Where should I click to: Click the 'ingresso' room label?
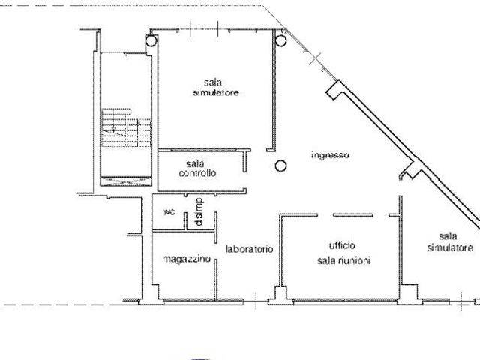pos(330,155)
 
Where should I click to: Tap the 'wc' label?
pos(169,211)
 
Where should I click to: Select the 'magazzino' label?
pos(187,259)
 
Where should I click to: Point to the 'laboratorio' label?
pos(249,249)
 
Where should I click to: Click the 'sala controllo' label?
pos(197,168)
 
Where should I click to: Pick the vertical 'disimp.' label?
pos(199,211)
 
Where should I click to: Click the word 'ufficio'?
pos(342,245)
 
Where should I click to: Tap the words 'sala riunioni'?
pos(343,260)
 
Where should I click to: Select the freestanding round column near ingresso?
pos(280,166)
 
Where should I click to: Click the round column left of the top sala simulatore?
pos(151,40)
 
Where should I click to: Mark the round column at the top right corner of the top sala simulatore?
pos(280,40)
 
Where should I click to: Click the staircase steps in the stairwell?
pos(126,127)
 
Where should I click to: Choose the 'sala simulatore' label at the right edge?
pos(450,241)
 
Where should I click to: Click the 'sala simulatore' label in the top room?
pos(216,87)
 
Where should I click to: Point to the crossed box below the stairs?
pos(126,181)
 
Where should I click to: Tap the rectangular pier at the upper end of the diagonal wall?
pos(334,89)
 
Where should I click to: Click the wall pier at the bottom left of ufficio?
pos(280,295)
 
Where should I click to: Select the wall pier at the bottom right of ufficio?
pos(410,295)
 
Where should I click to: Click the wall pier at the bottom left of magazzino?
pos(151,295)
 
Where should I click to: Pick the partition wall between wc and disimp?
pos(185,221)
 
